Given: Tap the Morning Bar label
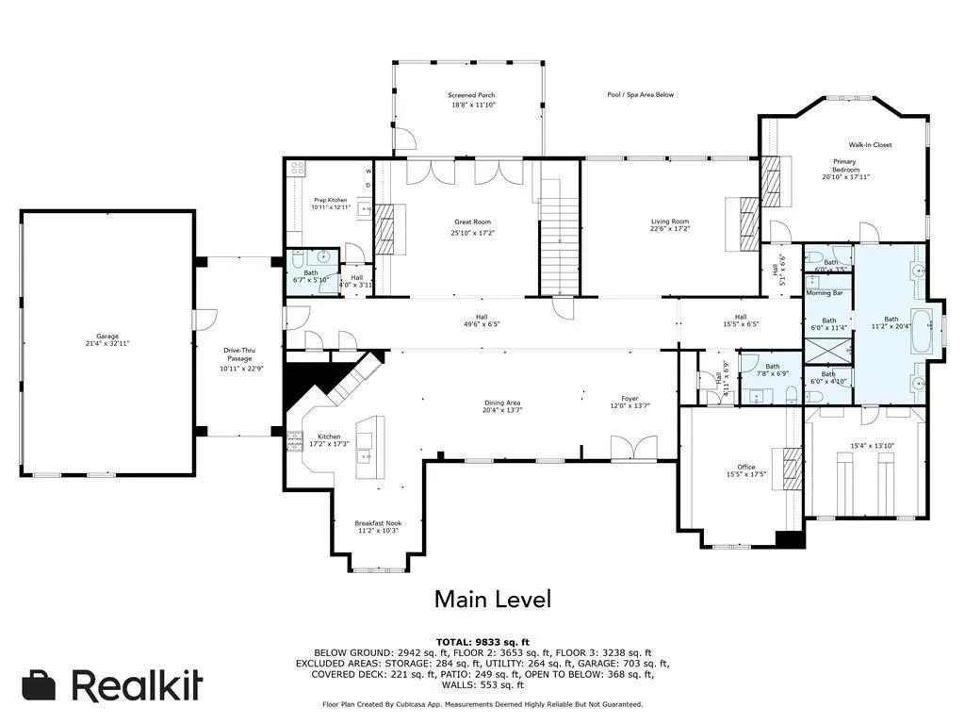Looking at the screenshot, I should tap(826, 293).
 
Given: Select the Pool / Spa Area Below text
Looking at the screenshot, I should tap(640, 94).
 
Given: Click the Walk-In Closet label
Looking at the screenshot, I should tap(869, 145).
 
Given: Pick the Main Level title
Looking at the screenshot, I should tap(492, 599).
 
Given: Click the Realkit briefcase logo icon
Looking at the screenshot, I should tap(39, 685).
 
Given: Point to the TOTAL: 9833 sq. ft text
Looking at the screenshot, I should tap(482, 641).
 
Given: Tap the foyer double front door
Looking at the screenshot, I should tap(632, 448).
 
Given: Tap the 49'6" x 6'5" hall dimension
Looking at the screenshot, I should tap(482, 324).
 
